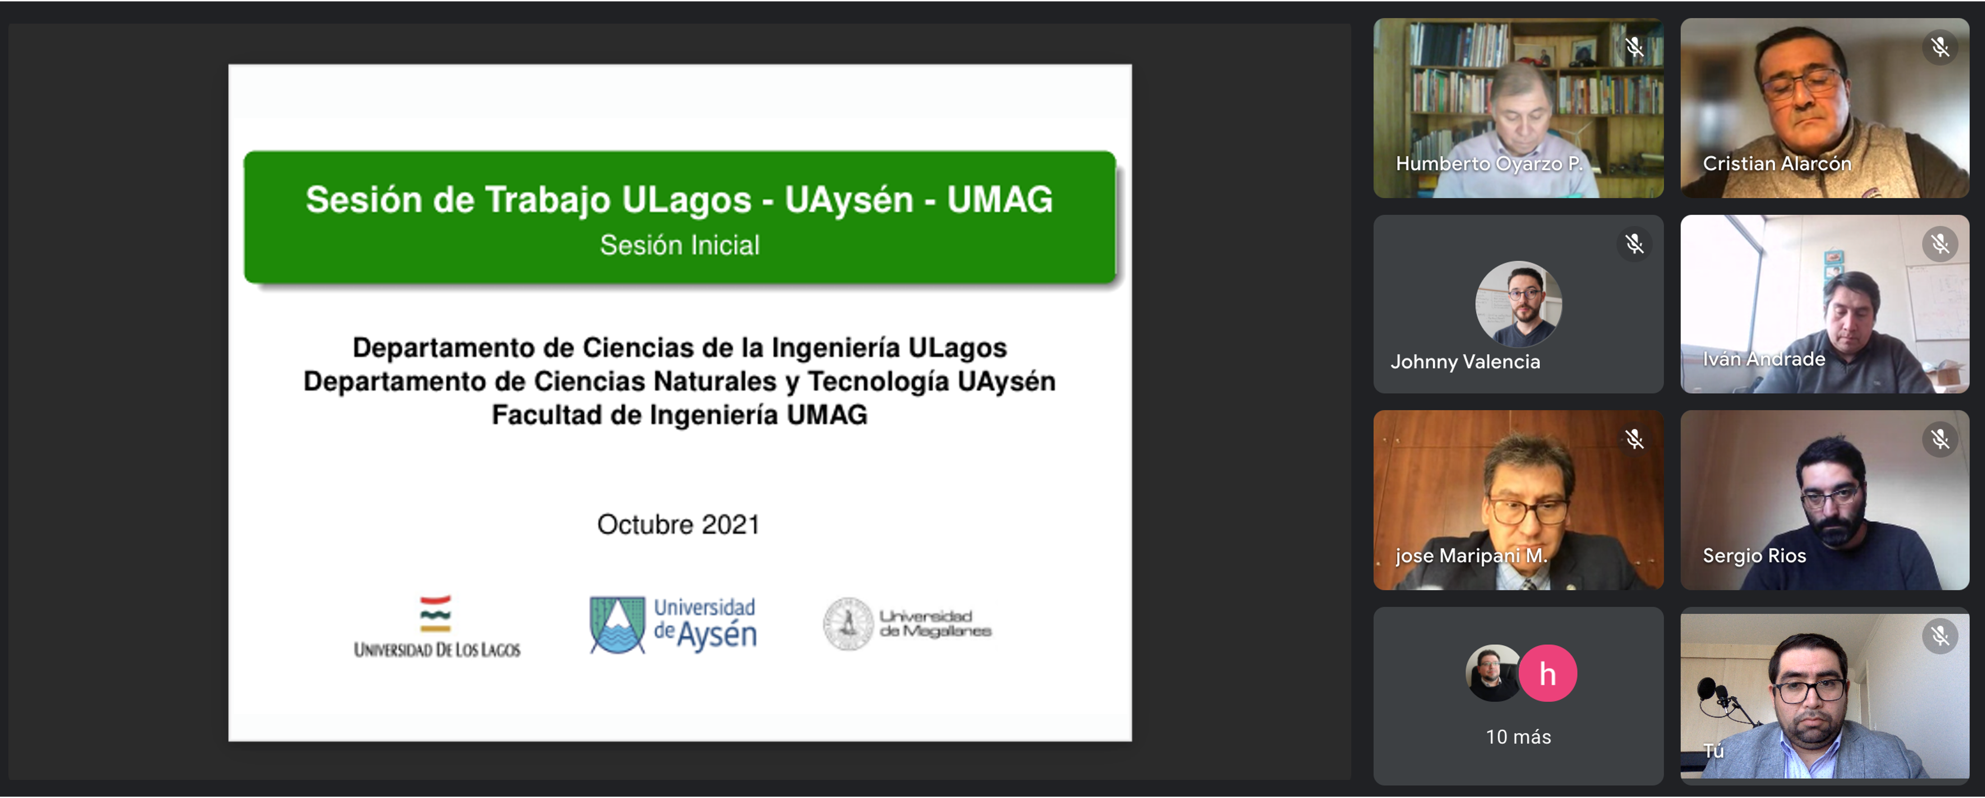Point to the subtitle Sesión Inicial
(x=680, y=245)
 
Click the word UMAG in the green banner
(x=999, y=199)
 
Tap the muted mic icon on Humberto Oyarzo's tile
(x=1634, y=48)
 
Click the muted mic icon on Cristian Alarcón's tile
(x=1939, y=48)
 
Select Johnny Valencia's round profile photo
(x=1518, y=304)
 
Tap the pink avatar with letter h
(x=1547, y=673)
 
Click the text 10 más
(x=1518, y=737)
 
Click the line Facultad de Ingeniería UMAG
(x=680, y=415)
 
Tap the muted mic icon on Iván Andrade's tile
(x=1939, y=244)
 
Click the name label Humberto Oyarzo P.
(x=1489, y=163)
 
